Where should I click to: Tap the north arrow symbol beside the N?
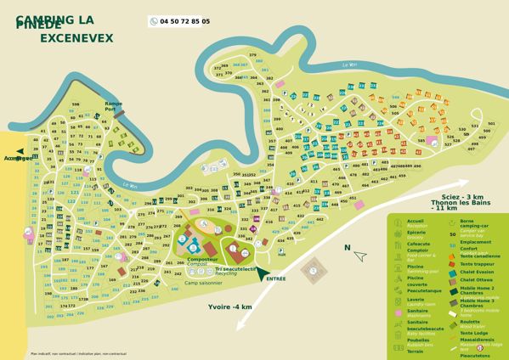[x=360, y=255]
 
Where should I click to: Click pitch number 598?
[x=76, y=104]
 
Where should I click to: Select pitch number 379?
[x=252, y=55]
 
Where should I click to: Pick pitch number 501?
[x=490, y=123]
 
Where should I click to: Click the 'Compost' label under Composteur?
[x=197, y=264]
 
